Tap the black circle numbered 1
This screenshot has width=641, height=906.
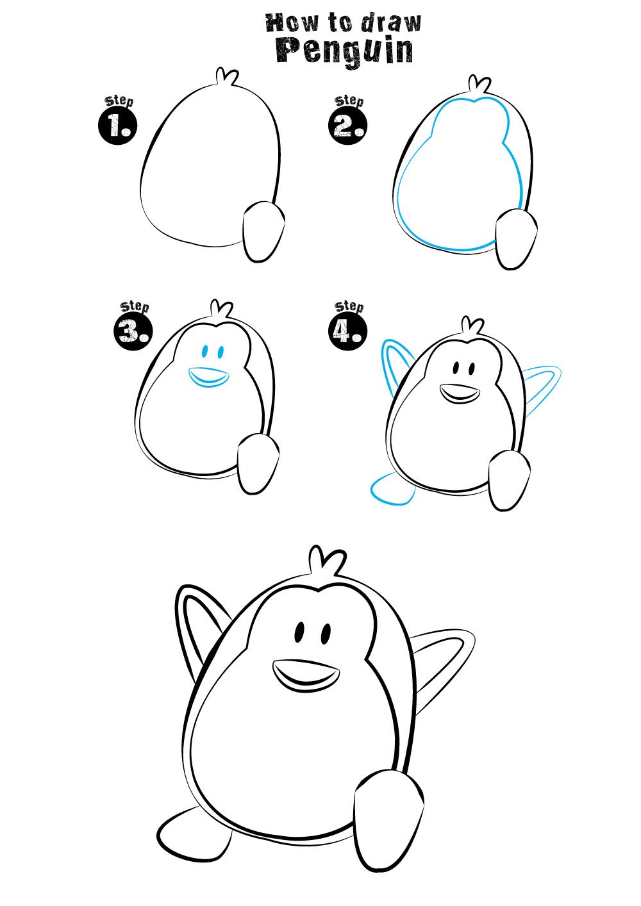[118, 126]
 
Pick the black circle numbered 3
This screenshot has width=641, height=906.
[133, 332]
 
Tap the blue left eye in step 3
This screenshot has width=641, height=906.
[205, 351]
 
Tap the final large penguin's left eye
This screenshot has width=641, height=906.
[299, 632]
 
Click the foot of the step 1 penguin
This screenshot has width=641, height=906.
[264, 232]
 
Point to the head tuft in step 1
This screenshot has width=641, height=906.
[226, 77]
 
